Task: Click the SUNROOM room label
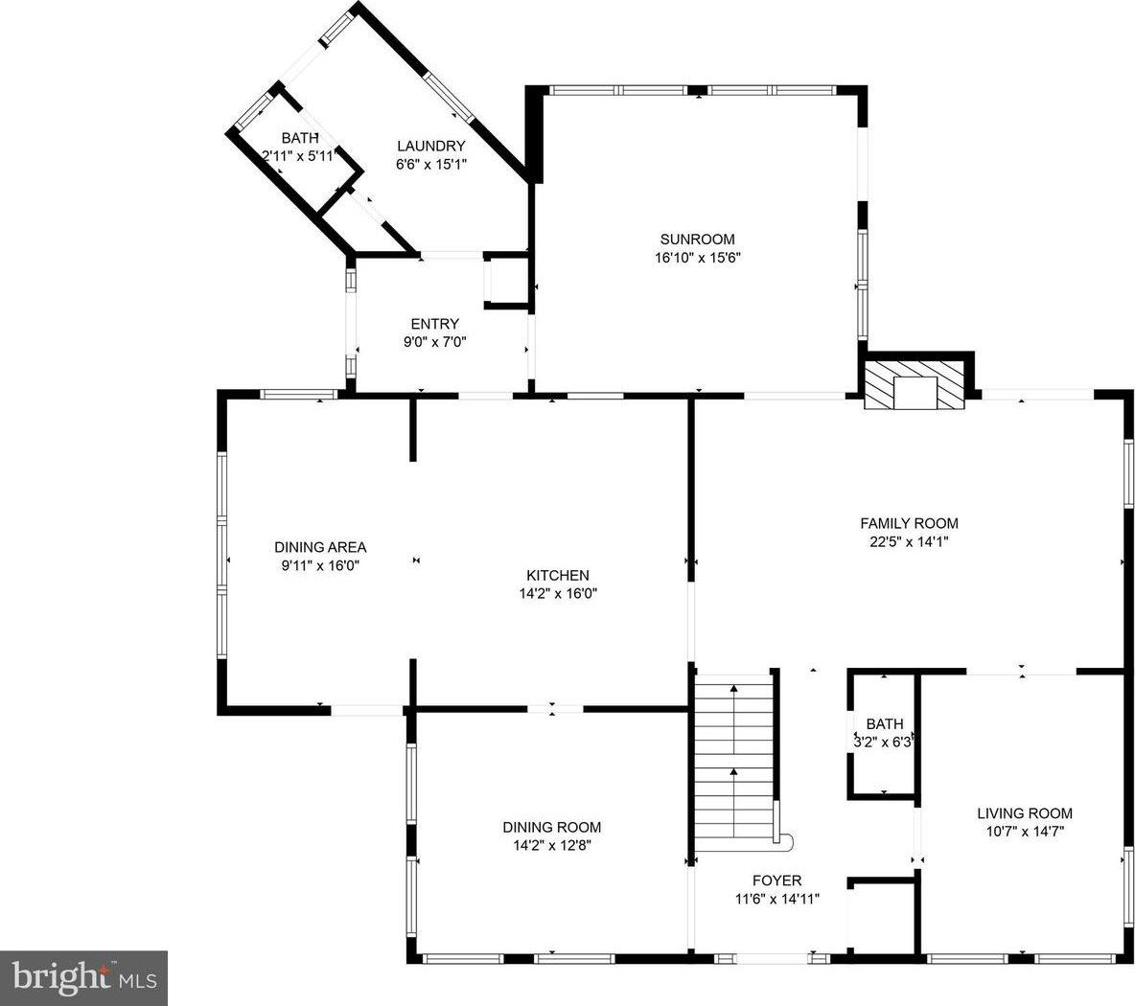pyautogui.click(x=697, y=240)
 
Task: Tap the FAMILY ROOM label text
pyautogui.click(x=909, y=524)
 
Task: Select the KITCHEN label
pyautogui.click(x=557, y=576)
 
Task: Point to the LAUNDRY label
pyautogui.click(x=430, y=146)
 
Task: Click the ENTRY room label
pyautogui.click(x=434, y=324)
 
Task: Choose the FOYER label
pyautogui.click(x=776, y=880)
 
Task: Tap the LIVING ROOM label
pyautogui.click(x=1024, y=813)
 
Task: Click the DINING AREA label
pyautogui.click(x=320, y=548)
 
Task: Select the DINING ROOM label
pyautogui.click(x=551, y=828)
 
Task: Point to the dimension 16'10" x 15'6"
pyautogui.click(x=698, y=258)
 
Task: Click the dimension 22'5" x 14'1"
pyautogui.click(x=909, y=541)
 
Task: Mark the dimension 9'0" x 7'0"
pyautogui.click(x=434, y=342)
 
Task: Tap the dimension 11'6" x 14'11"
pyautogui.click(x=776, y=899)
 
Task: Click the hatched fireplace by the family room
pyautogui.click(x=915, y=385)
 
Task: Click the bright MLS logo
pyautogui.click(x=84, y=978)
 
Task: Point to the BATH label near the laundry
pyautogui.click(x=300, y=138)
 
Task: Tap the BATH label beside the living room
pyautogui.click(x=885, y=724)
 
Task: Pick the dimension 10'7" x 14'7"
pyautogui.click(x=1024, y=832)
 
